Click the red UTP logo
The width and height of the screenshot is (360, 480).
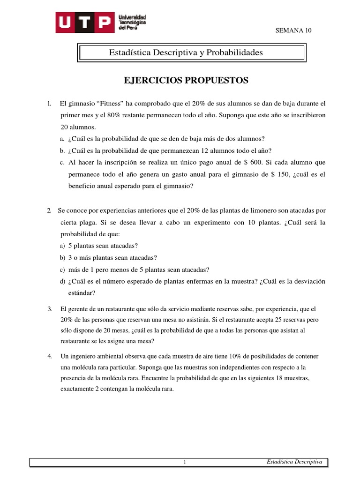(84, 22)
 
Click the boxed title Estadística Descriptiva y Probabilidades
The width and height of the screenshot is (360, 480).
(186, 52)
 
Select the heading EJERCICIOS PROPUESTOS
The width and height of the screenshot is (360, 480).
(186, 81)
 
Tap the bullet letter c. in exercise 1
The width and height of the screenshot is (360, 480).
(62, 162)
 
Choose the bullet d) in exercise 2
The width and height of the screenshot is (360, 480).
(62, 281)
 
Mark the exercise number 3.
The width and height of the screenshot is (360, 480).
(50, 309)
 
